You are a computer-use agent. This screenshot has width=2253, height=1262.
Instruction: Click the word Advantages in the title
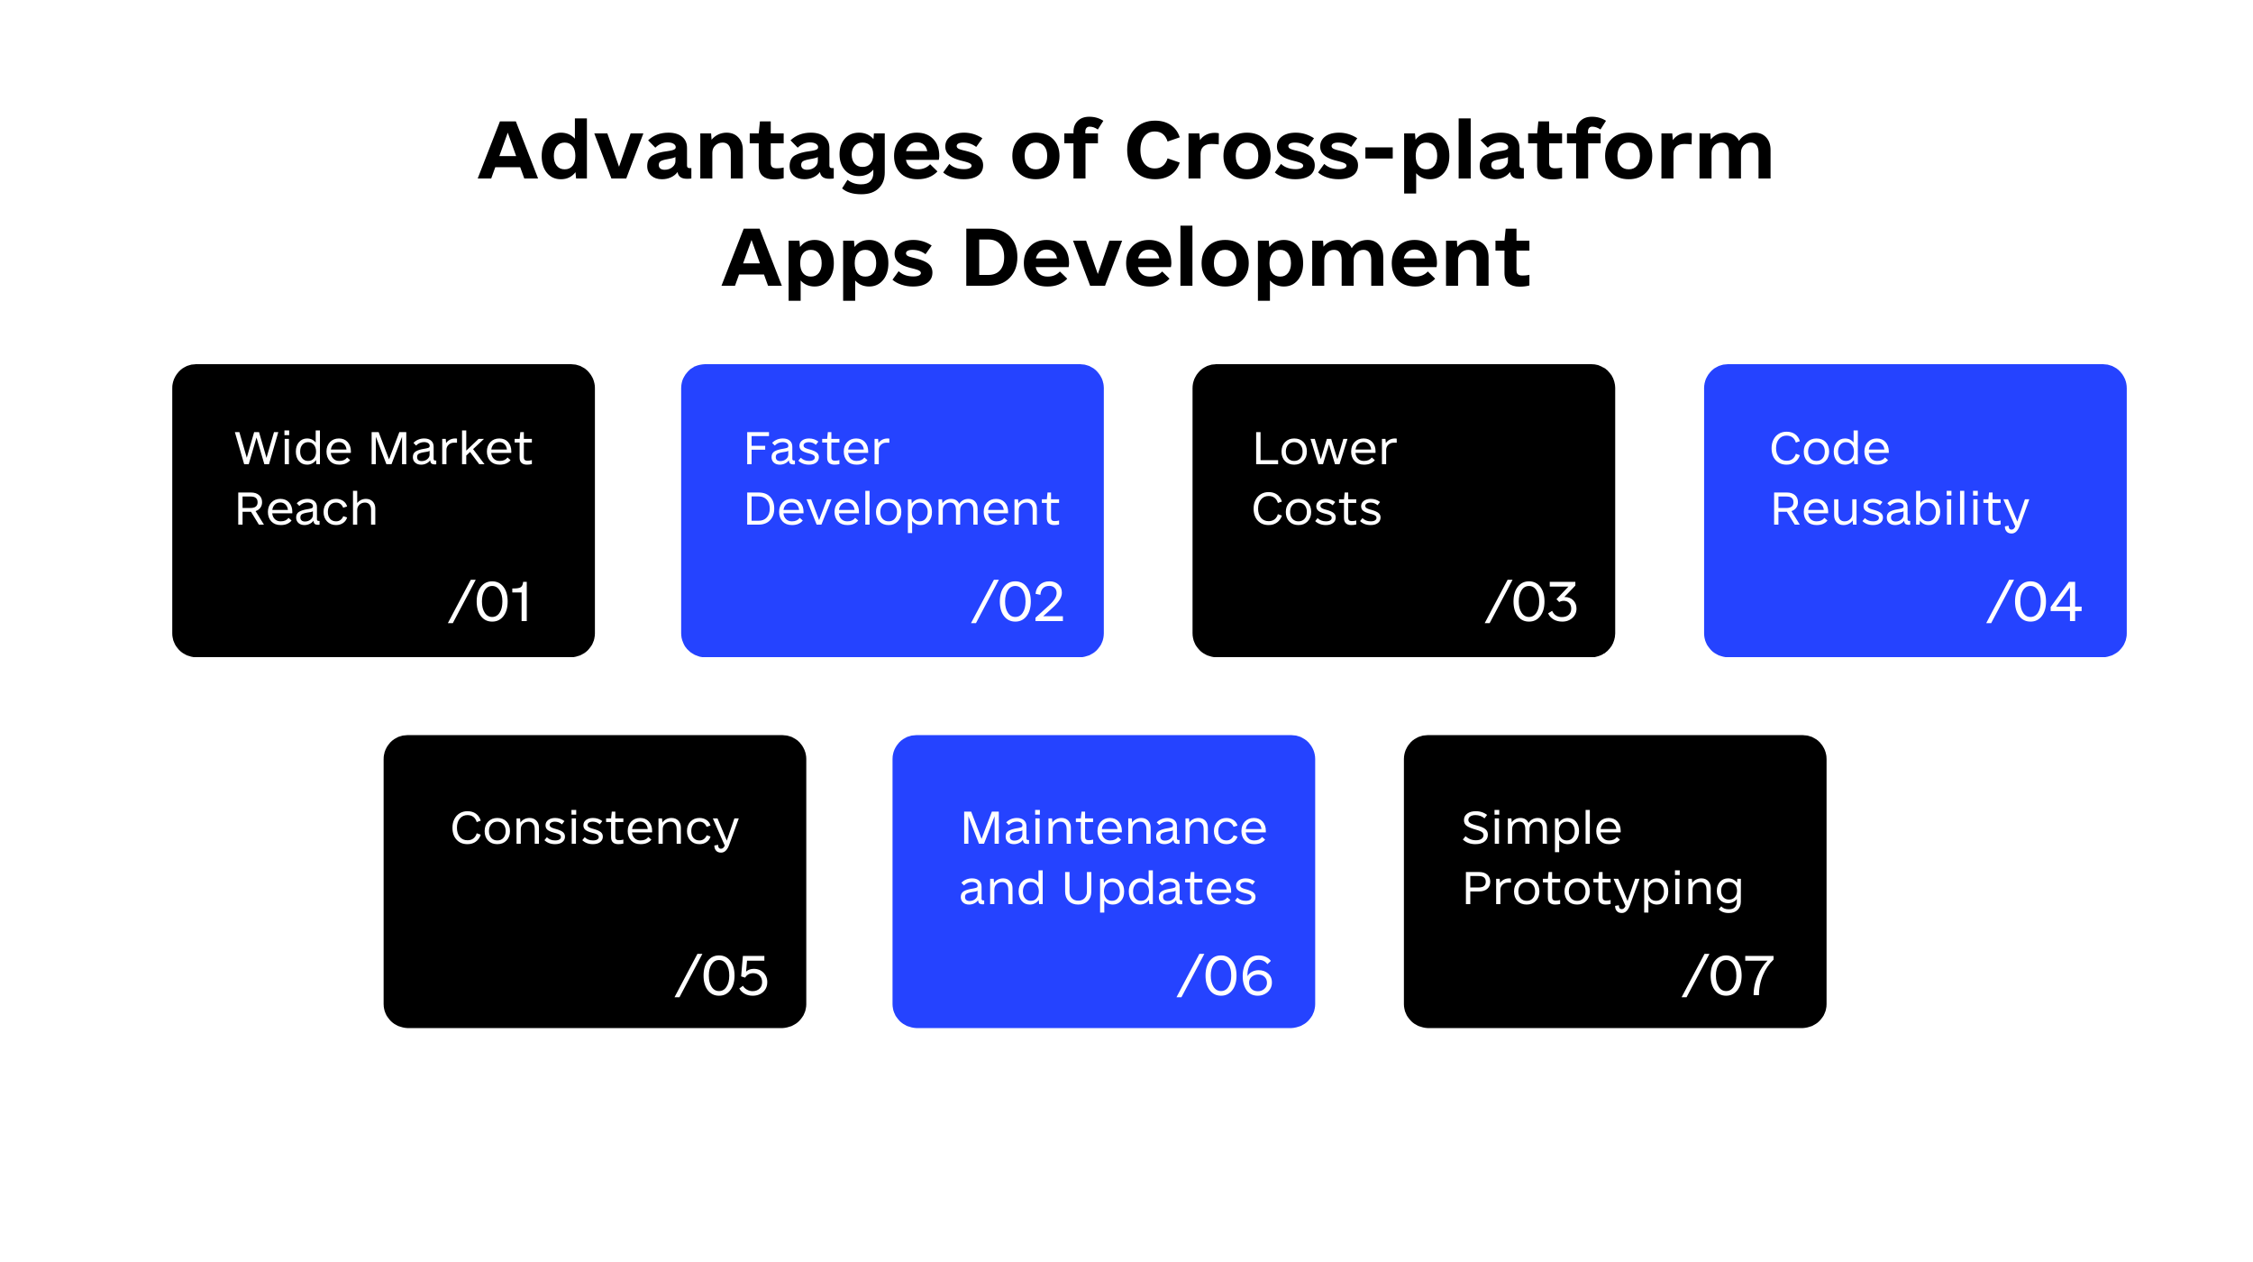point(731,151)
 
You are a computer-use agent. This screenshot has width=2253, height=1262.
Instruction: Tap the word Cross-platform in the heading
point(1449,151)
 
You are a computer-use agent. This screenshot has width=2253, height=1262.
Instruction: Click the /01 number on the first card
point(491,601)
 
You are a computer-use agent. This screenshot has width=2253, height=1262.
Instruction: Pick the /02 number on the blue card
point(1018,601)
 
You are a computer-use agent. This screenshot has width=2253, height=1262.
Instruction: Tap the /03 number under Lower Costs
point(1532,601)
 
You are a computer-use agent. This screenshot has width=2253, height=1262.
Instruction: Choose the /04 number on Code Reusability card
point(2034,601)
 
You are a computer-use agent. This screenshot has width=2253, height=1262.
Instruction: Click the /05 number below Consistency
point(722,975)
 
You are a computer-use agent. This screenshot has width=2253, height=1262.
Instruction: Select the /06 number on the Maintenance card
point(1225,975)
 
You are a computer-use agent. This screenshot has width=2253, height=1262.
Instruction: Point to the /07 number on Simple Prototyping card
point(1728,975)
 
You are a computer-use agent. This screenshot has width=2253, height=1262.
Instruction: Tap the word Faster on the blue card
point(816,448)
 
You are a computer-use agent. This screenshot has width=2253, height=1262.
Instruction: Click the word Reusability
point(1900,511)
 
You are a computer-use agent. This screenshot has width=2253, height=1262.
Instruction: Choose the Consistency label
point(595,829)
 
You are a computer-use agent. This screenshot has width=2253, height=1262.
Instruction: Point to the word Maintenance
point(1114,828)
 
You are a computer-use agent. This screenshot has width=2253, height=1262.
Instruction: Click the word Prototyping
point(1602,891)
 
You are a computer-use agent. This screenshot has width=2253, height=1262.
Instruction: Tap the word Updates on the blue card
point(1159,891)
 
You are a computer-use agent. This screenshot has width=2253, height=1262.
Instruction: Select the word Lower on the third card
point(1325,448)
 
